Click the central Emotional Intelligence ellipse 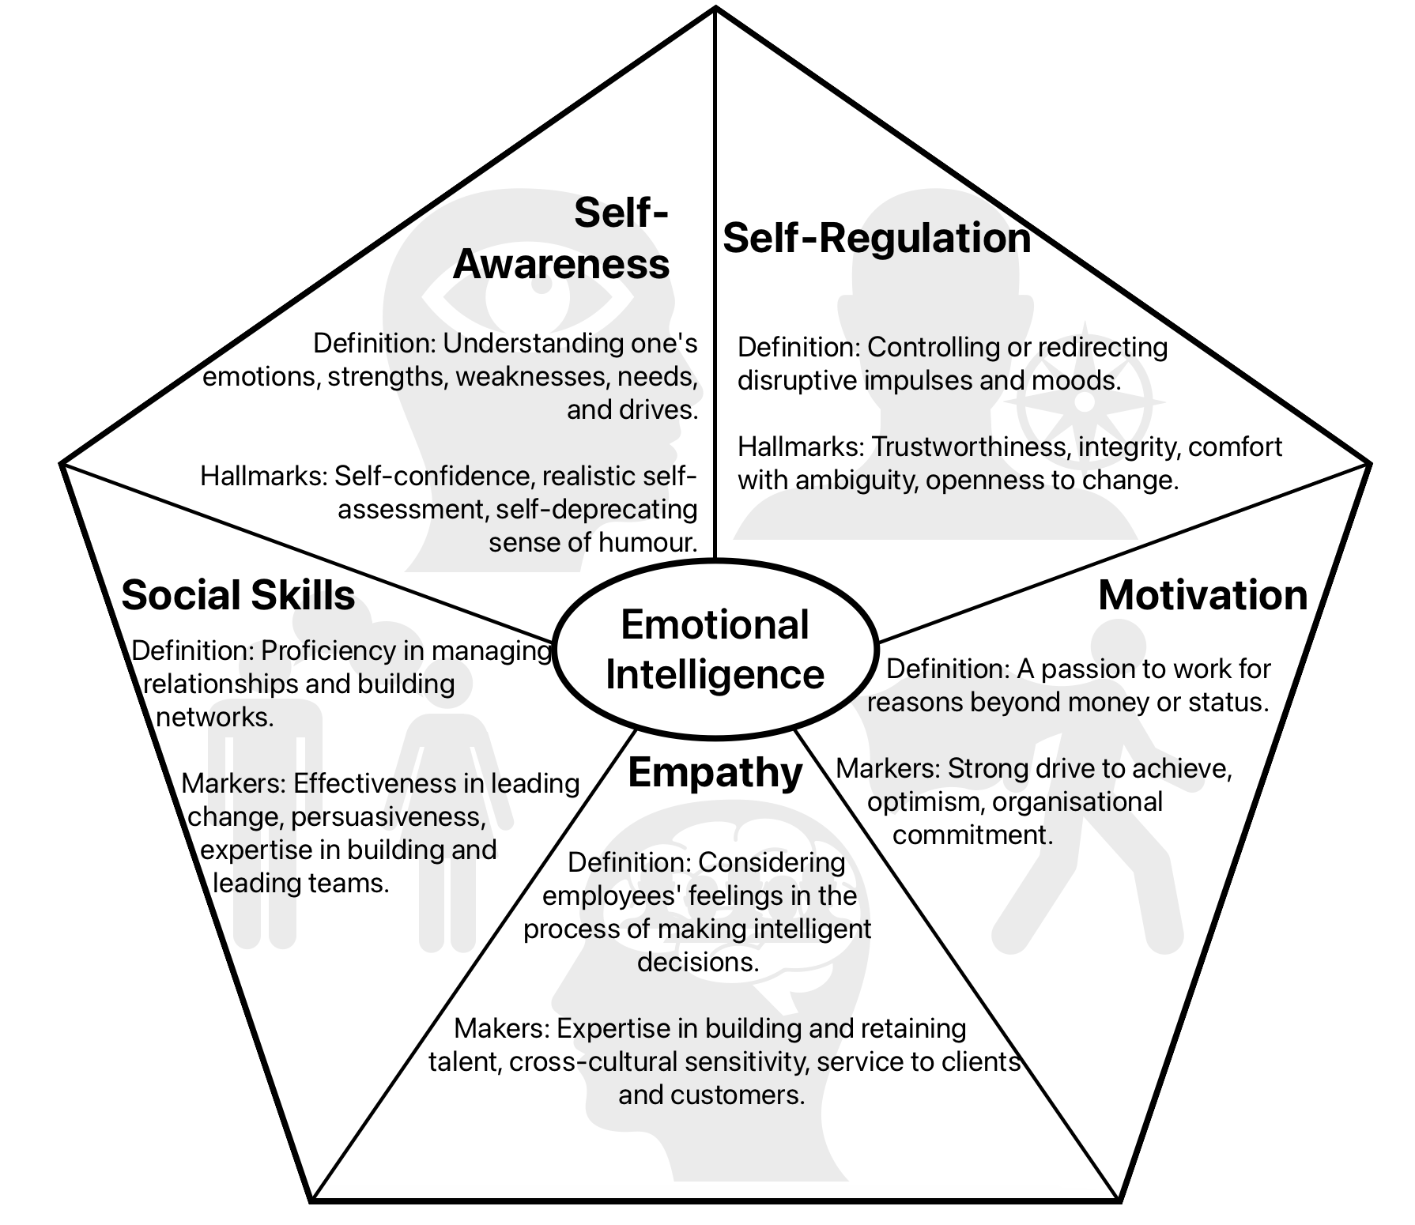coord(715,650)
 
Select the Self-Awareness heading coord(561,238)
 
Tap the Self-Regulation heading coord(877,238)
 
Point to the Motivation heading coord(1202,595)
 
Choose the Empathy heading coord(715,772)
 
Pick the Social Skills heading coord(238,595)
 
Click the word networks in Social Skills coord(215,717)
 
